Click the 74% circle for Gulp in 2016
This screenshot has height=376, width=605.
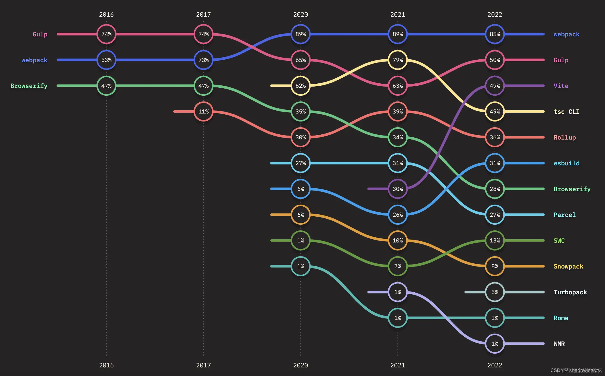106,34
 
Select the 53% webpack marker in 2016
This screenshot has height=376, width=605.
106,60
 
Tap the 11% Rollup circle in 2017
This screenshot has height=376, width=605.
203,111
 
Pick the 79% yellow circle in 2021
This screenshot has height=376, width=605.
398,60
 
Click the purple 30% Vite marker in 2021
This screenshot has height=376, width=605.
398,189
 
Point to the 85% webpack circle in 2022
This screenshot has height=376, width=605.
495,34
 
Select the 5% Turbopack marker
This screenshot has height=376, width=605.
495,292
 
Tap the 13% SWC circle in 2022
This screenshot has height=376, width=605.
495,240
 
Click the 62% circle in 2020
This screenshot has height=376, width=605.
300,86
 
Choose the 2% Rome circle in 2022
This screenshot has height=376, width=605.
495,318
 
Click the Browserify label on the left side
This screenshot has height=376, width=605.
29,86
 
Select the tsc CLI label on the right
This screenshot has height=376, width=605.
566,111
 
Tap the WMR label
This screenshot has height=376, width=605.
559,344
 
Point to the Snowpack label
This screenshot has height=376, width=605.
568,266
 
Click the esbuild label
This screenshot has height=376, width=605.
566,163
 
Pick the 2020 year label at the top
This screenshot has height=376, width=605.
300,14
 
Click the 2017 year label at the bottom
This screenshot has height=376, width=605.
203,365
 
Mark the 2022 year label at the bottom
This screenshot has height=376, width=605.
495,365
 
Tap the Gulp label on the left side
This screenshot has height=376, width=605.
40,34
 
